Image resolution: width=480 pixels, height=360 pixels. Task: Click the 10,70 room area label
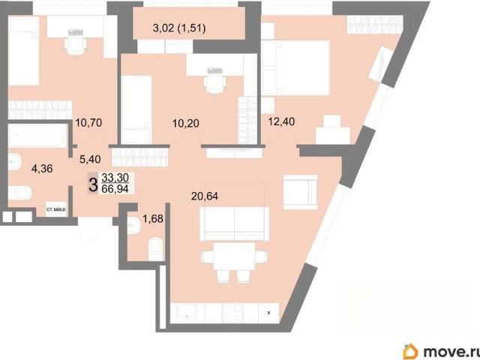click(88, 123)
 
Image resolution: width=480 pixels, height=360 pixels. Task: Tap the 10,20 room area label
click(186, 123)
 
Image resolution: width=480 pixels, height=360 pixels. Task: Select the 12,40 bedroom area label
click(281, 121)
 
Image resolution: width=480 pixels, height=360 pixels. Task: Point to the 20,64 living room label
click(205, 196)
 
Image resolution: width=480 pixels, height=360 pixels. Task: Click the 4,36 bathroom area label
click(42, 168)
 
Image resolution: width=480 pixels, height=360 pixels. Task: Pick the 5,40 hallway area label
click(90, 159)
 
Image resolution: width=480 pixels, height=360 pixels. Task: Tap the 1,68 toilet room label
click(153, 219)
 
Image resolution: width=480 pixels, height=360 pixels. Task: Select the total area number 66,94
click(115, 188)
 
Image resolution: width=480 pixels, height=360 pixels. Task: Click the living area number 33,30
click(115, 177)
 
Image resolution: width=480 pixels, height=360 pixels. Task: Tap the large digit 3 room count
click(93, 184)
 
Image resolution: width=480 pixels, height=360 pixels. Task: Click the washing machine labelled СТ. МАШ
click(56, 209)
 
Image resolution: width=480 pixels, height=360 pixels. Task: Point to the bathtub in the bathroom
click(37, 135)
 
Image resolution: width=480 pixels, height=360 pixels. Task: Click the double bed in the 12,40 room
click(295, 67)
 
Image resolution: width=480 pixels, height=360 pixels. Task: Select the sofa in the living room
click(234, 223)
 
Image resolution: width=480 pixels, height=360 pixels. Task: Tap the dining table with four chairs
click(234, 262)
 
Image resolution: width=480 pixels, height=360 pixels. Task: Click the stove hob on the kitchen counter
click(232, 313)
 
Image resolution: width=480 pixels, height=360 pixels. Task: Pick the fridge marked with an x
click(268, 313)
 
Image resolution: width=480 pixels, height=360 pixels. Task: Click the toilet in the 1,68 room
click(155, 248)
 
